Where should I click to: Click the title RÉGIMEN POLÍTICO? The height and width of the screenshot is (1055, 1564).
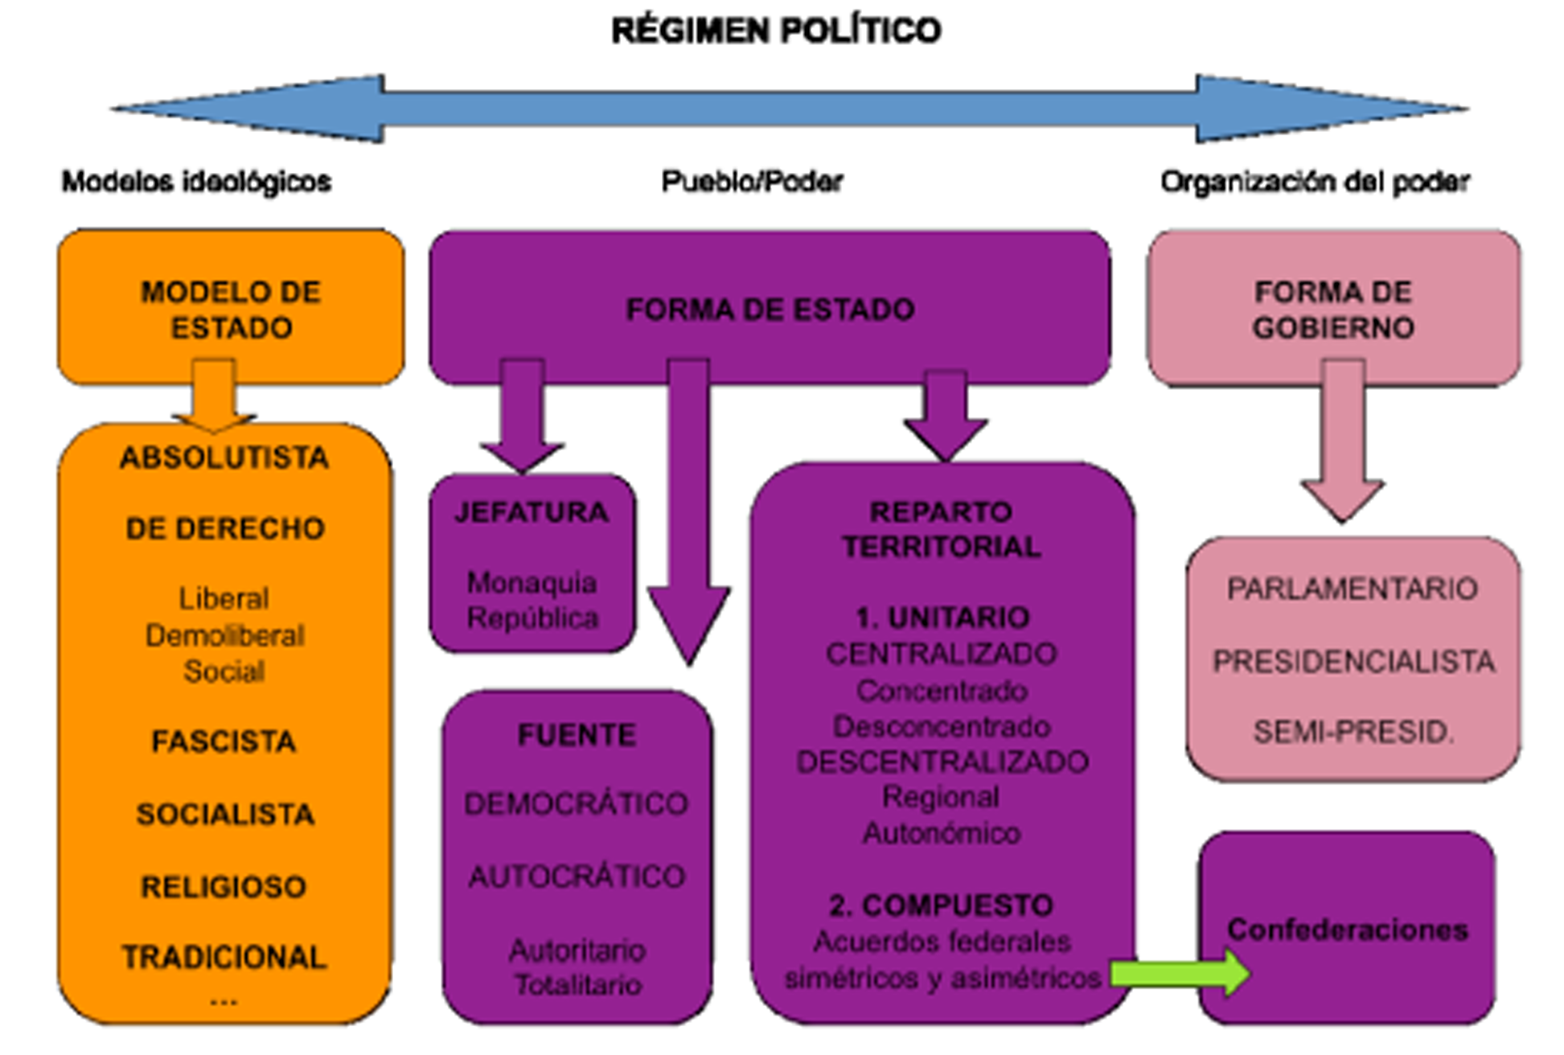[776, 31]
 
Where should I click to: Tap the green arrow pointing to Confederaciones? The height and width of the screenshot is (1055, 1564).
[1179, 973]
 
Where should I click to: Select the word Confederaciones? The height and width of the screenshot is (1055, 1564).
[1348, 930]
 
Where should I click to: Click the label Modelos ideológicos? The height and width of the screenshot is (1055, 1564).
[197, 182]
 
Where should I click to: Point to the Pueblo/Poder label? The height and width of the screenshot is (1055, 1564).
[752, 182]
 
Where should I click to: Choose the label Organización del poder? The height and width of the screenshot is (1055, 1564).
[1315, 182]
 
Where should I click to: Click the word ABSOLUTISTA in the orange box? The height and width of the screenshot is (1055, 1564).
[224, 458]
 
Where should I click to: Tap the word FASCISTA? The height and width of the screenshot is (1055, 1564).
[224, 741]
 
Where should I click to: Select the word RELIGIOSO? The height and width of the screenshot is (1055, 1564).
[224, 886]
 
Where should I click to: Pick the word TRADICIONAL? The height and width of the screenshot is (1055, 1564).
[224, 957]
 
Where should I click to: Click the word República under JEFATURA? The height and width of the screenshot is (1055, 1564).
[532, 618]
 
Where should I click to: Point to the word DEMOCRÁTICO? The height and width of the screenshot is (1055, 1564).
[577, 803]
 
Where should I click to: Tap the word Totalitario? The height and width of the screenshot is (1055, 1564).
[577, 984]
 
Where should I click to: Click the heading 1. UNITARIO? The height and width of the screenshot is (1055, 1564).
[942, 617]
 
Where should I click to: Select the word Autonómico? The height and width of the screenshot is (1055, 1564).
[942, 832]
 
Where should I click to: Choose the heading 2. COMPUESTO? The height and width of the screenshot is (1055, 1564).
[942, 905]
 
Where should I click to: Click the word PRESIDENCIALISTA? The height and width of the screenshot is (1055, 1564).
[1353, 661]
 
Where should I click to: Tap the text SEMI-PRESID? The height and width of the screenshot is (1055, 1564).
[1353, 731]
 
